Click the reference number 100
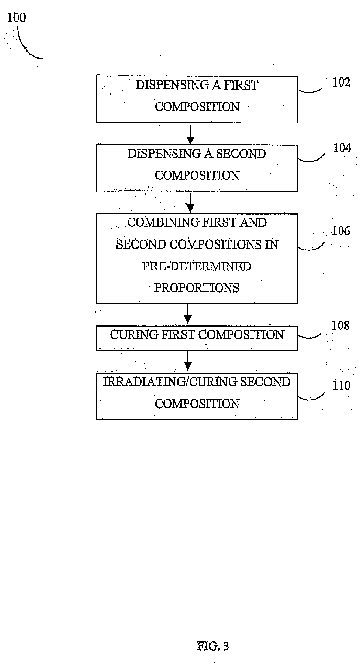pos(16,18)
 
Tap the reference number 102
pos(341,82)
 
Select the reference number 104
pos(342,148)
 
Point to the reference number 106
pos(341,231)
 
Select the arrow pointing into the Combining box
pos(190,203)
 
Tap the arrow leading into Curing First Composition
pos(188,315)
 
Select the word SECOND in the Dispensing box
pos(241,154)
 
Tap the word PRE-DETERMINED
pos(197,266)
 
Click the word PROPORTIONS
pos(197,288)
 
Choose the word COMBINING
pos(163,223)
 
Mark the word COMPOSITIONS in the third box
pos(215,245)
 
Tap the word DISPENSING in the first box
pos(172,85)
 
